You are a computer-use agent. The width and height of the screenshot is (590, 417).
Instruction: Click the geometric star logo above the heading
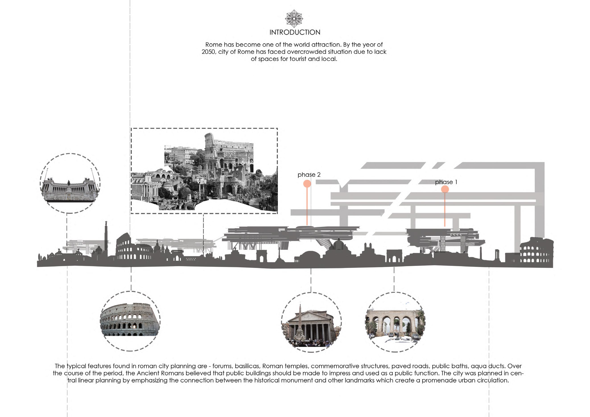pyautogui.click(x=294, y=18)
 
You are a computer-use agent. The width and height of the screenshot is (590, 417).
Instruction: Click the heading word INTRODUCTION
pyautogui.click(x=295, y=32)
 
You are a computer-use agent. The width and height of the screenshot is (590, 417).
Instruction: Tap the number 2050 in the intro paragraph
pyautogui.click(x=208, y=52)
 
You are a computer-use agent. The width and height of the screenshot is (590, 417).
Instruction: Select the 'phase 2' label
pyautogui.click(x=309, y=175)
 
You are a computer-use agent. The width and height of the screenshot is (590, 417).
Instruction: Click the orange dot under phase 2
pyautogui.click(x=307, y=184)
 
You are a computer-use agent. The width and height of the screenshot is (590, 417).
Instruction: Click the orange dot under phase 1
pyautogui.click(x=445, y=189)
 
